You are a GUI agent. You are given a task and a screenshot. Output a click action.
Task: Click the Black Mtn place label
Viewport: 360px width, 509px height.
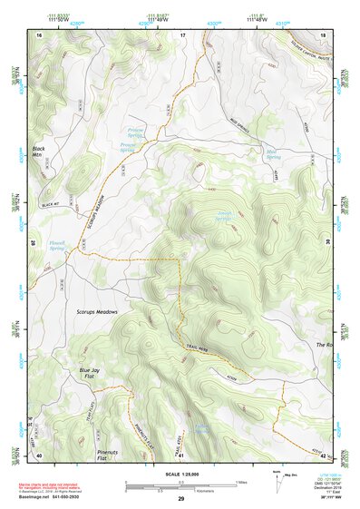point(38,152)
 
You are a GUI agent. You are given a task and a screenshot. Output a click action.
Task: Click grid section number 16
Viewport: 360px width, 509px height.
point(39,34)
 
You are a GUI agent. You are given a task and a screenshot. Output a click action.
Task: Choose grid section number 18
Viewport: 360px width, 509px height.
point(323,34)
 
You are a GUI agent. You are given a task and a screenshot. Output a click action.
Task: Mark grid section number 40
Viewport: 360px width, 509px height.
point(39,455)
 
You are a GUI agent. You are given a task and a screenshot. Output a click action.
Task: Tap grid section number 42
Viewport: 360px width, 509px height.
point(323,455)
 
